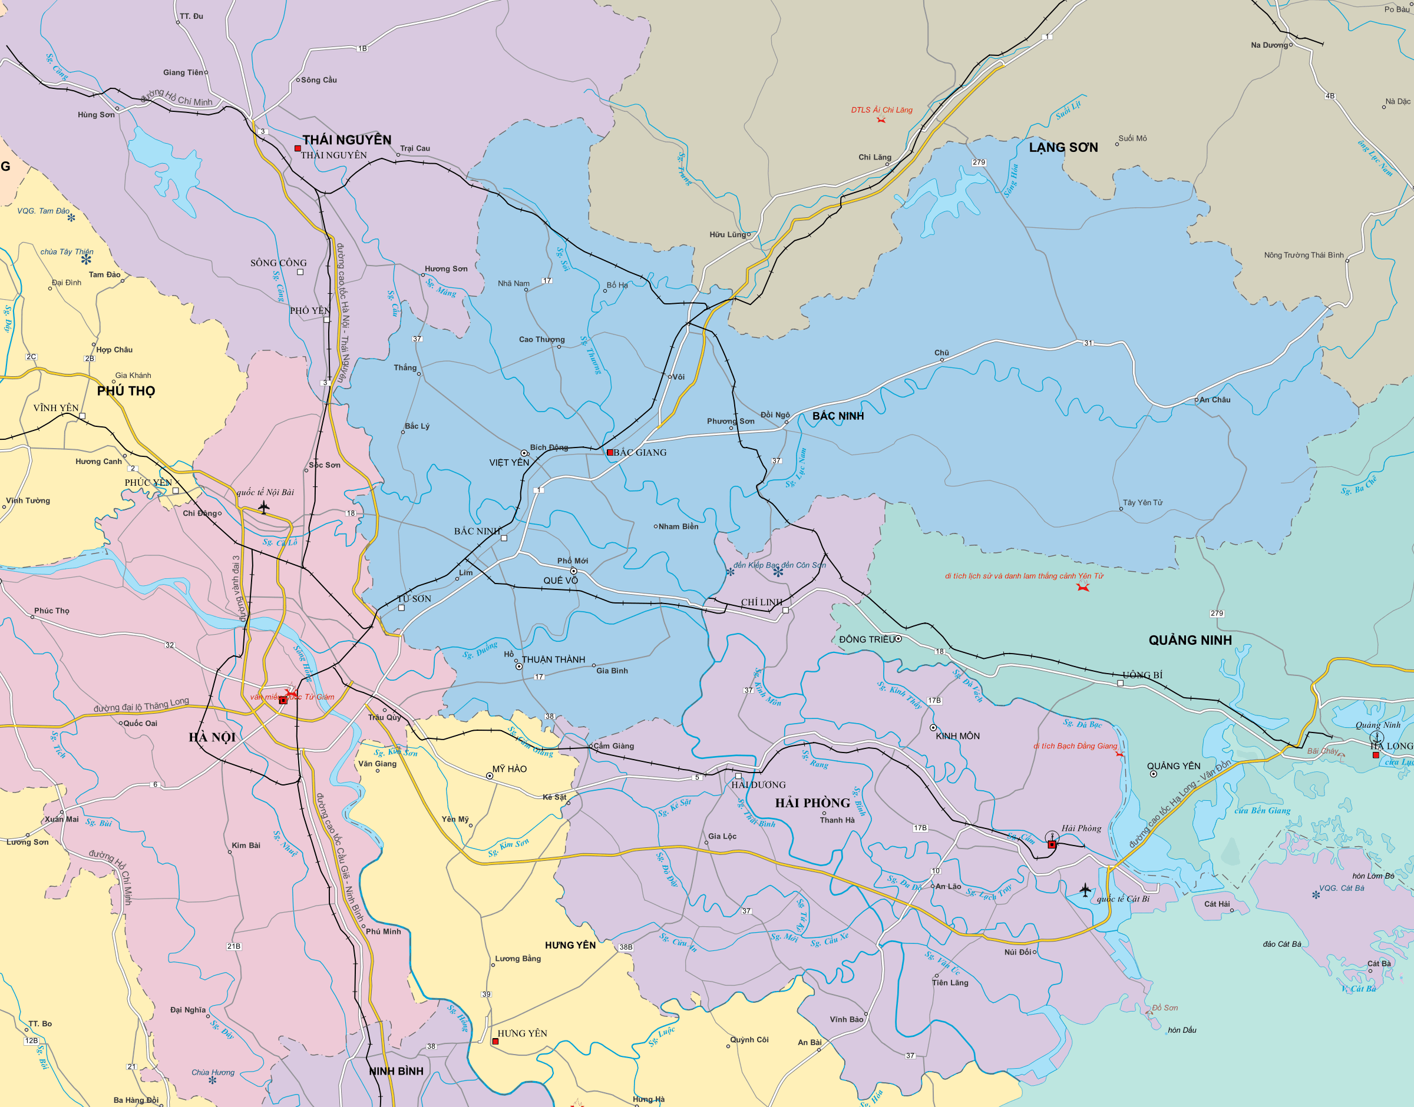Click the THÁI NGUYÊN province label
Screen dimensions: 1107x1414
347,140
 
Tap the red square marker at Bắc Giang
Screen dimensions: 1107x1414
609,452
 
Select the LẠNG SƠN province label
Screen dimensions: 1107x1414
1063,148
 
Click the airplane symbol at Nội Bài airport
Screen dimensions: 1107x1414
264,506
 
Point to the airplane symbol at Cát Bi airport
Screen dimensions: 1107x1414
1085,890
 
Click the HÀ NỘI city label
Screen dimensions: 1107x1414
212,738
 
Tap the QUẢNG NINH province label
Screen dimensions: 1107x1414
1190,640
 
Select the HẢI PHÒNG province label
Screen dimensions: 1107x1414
812,803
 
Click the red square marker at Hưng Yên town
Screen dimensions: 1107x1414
495,1041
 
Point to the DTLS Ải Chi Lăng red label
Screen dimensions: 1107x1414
882,110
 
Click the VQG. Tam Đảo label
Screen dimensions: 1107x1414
44,211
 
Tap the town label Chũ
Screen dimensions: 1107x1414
941,353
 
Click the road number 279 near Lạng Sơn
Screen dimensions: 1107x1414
979,163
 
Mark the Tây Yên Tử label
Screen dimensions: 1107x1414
1142,502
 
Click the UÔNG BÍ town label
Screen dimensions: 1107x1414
1142,675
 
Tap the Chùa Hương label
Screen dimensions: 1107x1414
213,1072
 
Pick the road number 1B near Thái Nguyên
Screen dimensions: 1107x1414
362,49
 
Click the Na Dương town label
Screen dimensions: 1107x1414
1270,45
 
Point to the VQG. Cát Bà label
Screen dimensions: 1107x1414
1342,888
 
